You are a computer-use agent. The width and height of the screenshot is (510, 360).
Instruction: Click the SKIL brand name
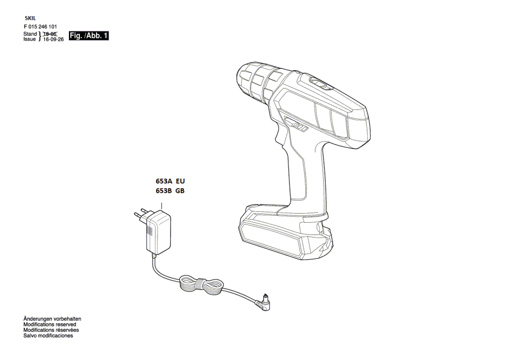click(30, 18)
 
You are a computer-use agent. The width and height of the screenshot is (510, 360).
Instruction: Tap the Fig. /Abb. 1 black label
click(89, 36)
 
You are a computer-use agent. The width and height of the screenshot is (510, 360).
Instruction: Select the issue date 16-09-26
click(53, 39)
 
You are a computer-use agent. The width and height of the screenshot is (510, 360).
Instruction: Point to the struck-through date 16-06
click(50, 34)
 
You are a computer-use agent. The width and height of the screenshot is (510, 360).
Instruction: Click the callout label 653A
click(164, 181)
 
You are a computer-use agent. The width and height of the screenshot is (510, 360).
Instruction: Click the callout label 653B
click(164, 191)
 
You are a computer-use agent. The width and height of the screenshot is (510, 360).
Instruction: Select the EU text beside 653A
click(180, 181)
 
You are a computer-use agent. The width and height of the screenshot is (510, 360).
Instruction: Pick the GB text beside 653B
click(180, 191)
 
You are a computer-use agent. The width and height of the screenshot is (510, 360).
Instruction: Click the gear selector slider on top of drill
click(320, 83)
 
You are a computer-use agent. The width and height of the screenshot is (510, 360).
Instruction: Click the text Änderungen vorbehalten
click(52, 319)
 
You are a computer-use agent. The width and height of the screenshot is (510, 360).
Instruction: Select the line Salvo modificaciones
click(48, 336)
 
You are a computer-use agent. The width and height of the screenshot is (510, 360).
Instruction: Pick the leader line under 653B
click(161, 205)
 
